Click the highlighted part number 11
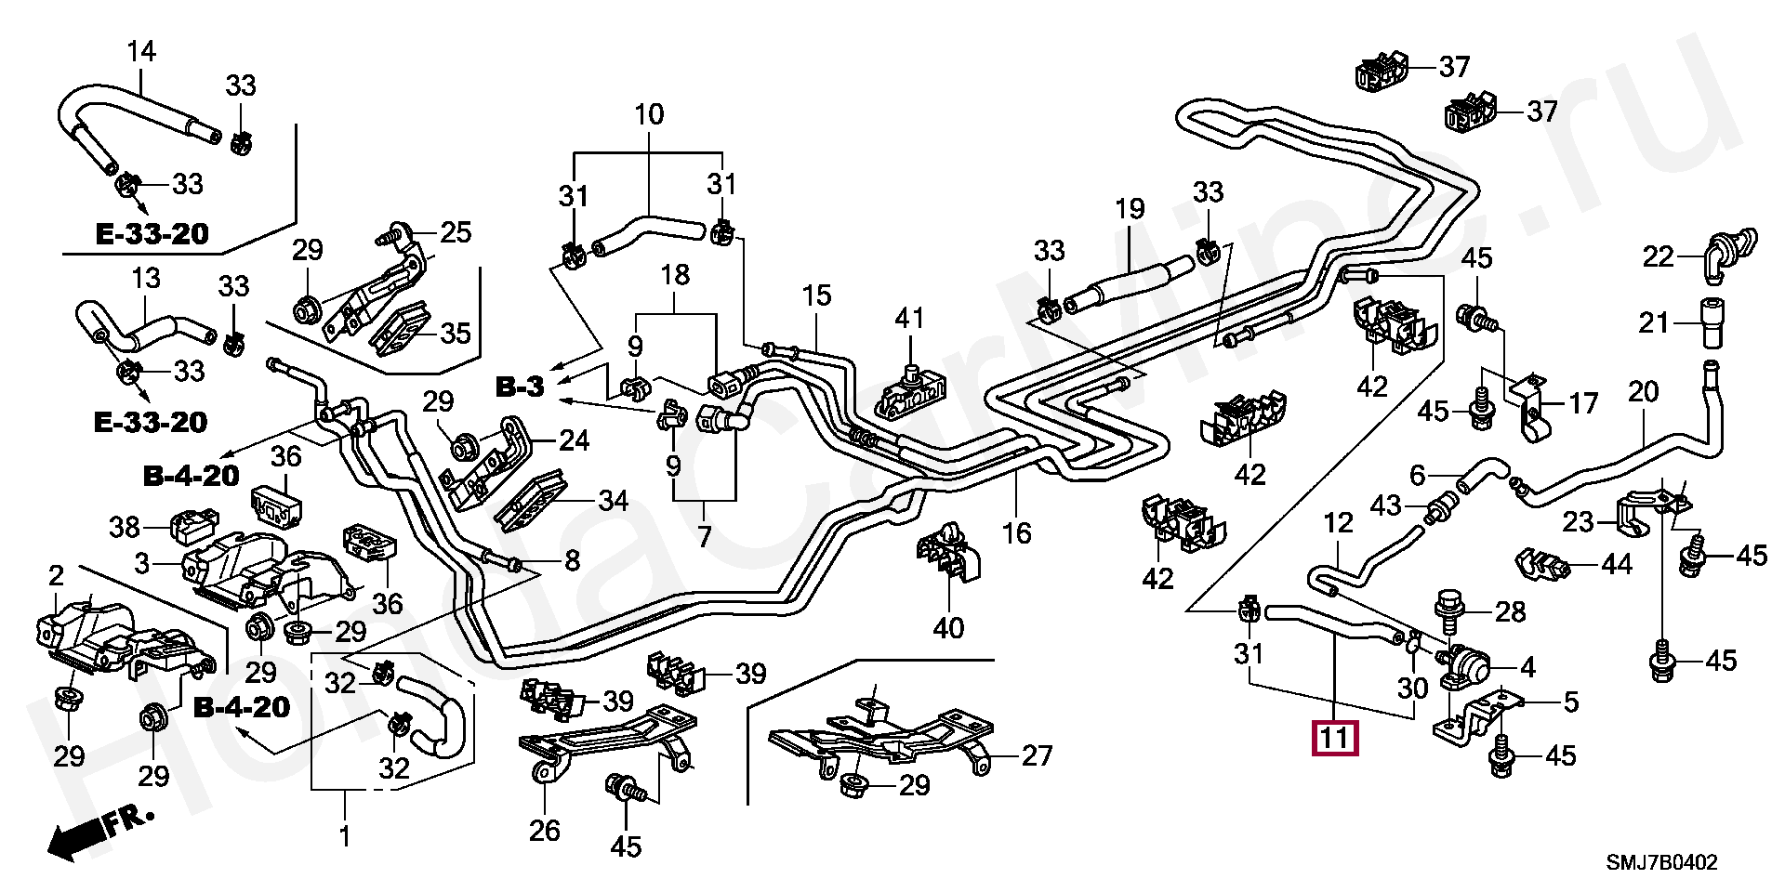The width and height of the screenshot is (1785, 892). [x=1334, y=740]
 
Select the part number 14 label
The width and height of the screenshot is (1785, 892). [x=141, y=51]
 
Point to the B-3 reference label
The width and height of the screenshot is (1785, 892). [x=519, y=387]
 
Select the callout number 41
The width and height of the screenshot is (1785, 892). [x=909, y=318]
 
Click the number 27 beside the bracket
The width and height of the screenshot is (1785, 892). [x=1037, y=756]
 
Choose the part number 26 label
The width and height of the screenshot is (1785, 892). [x=545, y=830]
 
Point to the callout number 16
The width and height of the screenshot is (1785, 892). [x=1017, y=532]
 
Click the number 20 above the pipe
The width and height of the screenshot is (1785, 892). [x=1643, y=391]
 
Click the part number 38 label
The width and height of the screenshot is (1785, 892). [x=125, y=527]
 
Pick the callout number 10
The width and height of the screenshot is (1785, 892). [x=649, y=115]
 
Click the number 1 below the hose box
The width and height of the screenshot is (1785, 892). [x=344, y=836]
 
